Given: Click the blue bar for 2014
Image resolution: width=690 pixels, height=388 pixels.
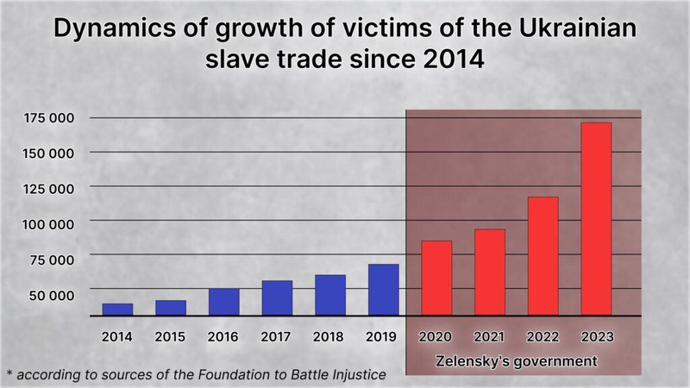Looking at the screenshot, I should tap(117, 310).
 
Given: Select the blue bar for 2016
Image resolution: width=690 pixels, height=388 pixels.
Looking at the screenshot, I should tap(223, 302).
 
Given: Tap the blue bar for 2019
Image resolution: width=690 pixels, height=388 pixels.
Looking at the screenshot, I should tap(383, 290).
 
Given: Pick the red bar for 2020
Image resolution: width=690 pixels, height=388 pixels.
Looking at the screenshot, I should tap(436, 278).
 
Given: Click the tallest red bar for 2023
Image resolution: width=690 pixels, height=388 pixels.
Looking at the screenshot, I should tap(596, 219).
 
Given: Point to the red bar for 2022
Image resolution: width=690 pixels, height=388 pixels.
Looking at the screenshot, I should tap(543, 256).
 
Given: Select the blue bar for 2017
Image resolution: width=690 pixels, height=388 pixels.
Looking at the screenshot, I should tap(277, 298).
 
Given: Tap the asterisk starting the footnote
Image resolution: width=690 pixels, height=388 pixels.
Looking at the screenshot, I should tap(9, 373).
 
